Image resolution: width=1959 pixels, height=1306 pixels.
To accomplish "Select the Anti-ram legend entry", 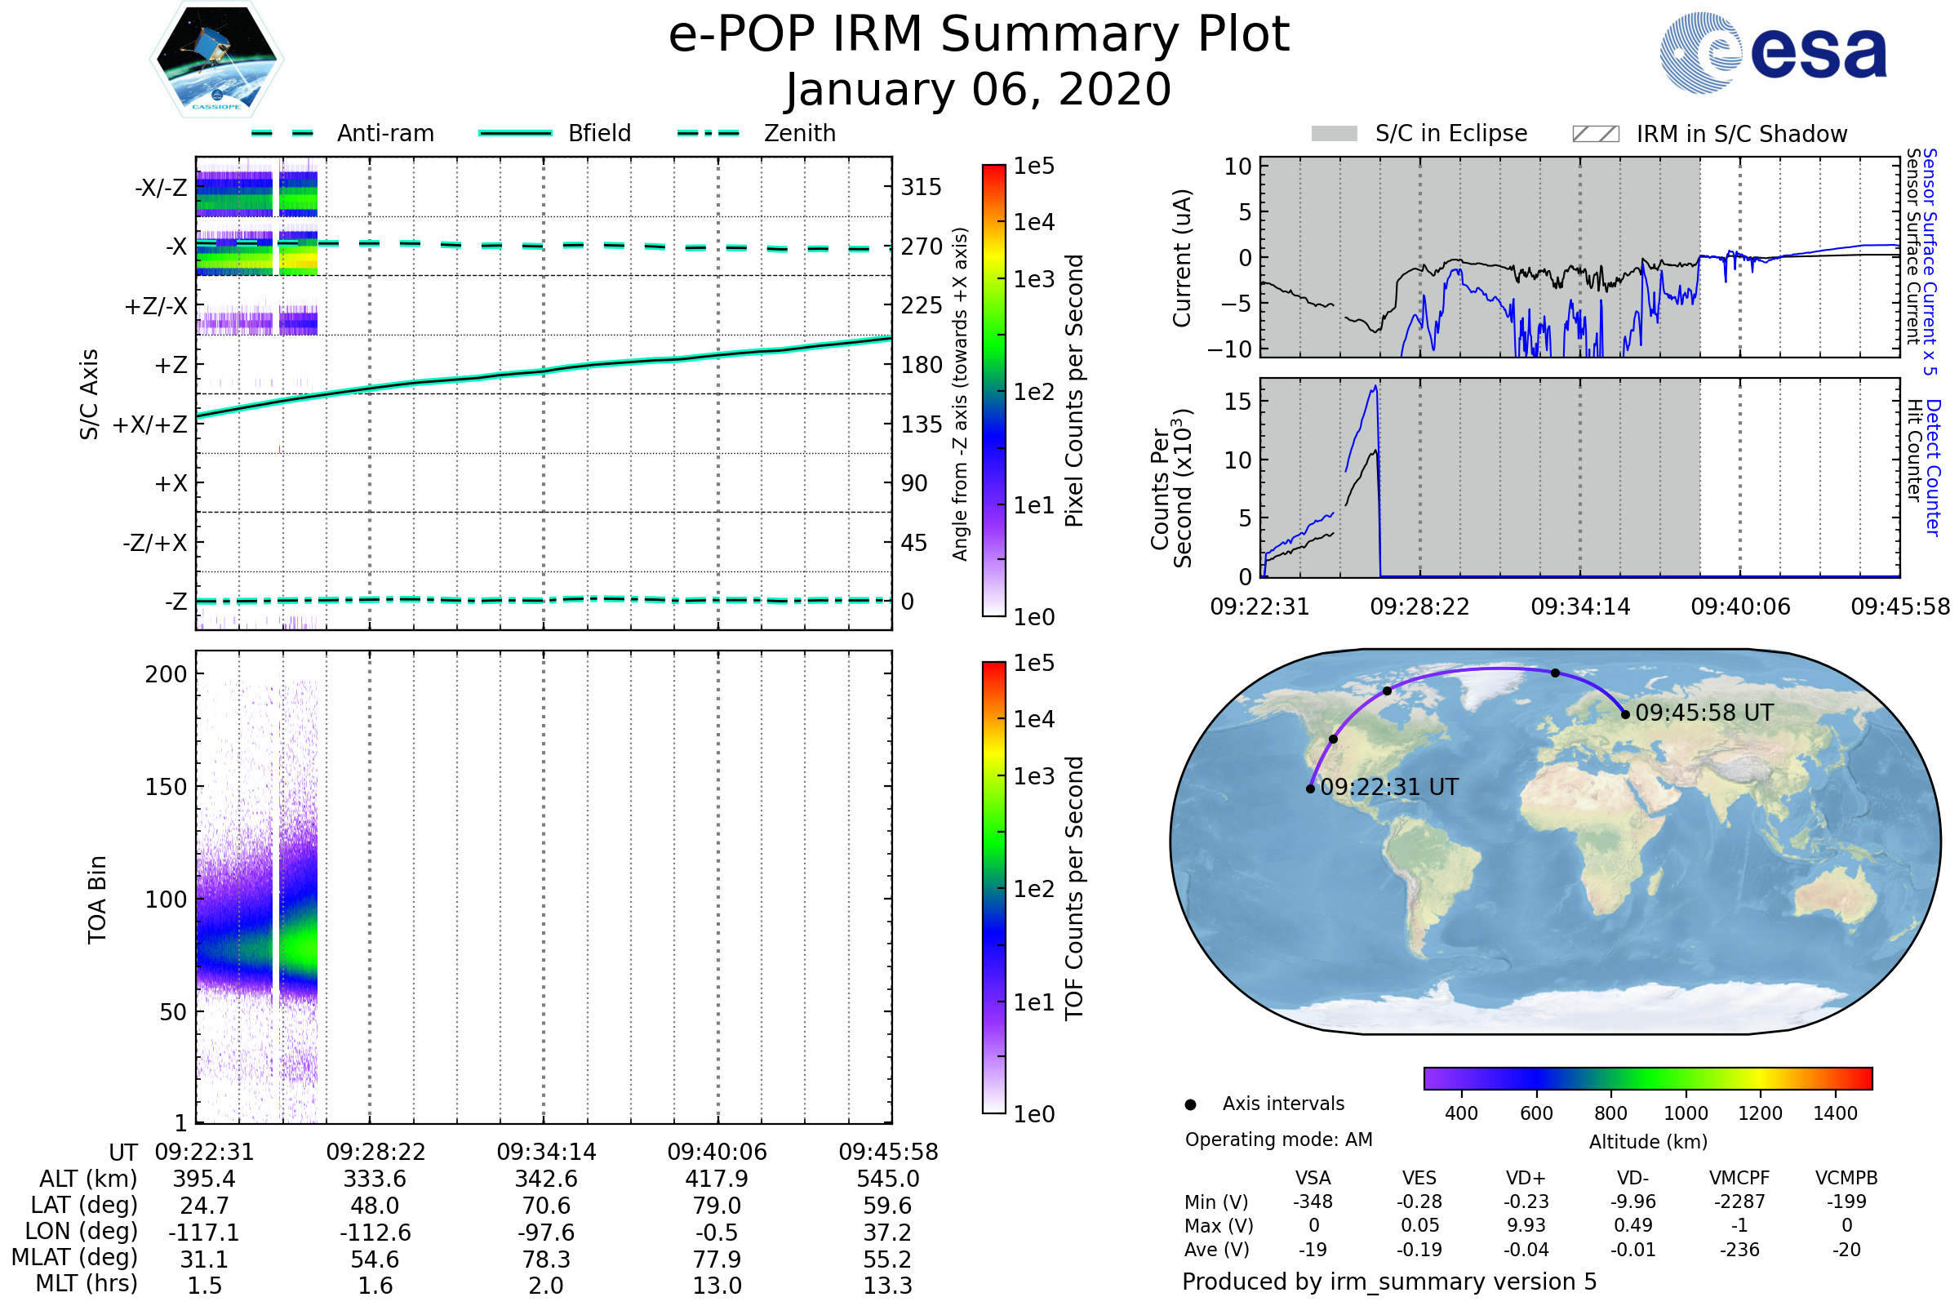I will pyautogui.click(x=384, y=133).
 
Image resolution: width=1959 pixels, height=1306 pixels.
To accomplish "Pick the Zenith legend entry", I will pyautogui.click(x=799, y=133).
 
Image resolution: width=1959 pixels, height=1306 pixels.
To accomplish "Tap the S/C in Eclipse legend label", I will pyautogui.click(x=1450, y=133).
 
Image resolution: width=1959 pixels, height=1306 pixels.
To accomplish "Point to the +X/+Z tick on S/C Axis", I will pyautogui.click(x=150, y=424).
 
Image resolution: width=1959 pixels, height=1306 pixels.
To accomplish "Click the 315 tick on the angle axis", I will pyautogui.click(x=921, y=187).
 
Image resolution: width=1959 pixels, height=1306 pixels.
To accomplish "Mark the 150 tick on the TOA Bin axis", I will pyautogui.click(x=166, y=787).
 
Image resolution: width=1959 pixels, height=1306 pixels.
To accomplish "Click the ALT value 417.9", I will pyautogui.click(x=717, y=1179).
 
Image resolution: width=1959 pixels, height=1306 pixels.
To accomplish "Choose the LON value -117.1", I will pyautogui.click(x=204, y=1233).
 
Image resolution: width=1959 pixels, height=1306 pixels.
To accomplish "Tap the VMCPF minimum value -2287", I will pyautogui.click(x=1739, y=1202).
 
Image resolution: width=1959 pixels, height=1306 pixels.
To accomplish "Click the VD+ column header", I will pyautogui.click(x=1525, y=1179).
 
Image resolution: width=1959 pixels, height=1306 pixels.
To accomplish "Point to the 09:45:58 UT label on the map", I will pyautogui.click(x=1704, y=713).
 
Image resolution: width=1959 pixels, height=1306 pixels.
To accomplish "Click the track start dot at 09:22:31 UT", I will pyautogui.click(x=1310, y=788).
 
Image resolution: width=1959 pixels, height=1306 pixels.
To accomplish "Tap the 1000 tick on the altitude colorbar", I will pyautogui.click(x=1685, y=1113).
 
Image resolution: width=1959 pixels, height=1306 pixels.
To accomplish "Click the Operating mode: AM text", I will pyautogui.click(x=1278, y=1139).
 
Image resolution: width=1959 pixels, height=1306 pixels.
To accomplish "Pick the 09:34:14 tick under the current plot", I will pyautogui.click(x=1580, y=607).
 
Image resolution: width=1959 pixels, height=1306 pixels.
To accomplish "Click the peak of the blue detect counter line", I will pyautogui.click(x=1376, y=386).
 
